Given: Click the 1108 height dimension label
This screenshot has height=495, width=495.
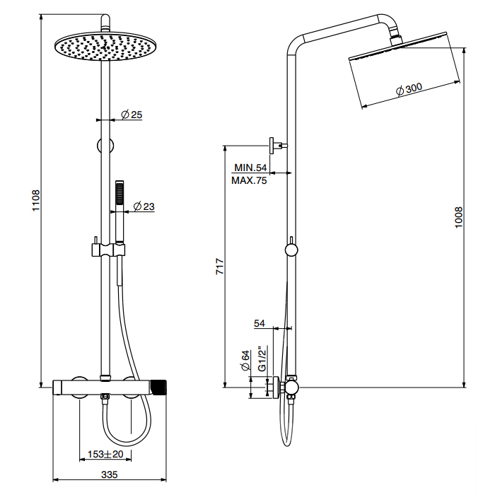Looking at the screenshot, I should point(36,202).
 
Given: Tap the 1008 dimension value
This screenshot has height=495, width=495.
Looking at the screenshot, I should point(458,216).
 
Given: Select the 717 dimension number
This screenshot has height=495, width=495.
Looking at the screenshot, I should point(220,267).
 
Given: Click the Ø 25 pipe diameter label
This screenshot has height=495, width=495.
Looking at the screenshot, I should point(132,115).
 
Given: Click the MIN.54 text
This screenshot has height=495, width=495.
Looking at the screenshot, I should point(250,168).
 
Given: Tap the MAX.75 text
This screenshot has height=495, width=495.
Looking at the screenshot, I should point(250,181).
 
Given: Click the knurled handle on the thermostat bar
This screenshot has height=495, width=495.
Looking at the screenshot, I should point(162,387).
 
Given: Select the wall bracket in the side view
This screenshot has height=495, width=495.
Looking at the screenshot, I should point(276,146).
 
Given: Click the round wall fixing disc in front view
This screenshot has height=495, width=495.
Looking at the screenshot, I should point(106,146).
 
